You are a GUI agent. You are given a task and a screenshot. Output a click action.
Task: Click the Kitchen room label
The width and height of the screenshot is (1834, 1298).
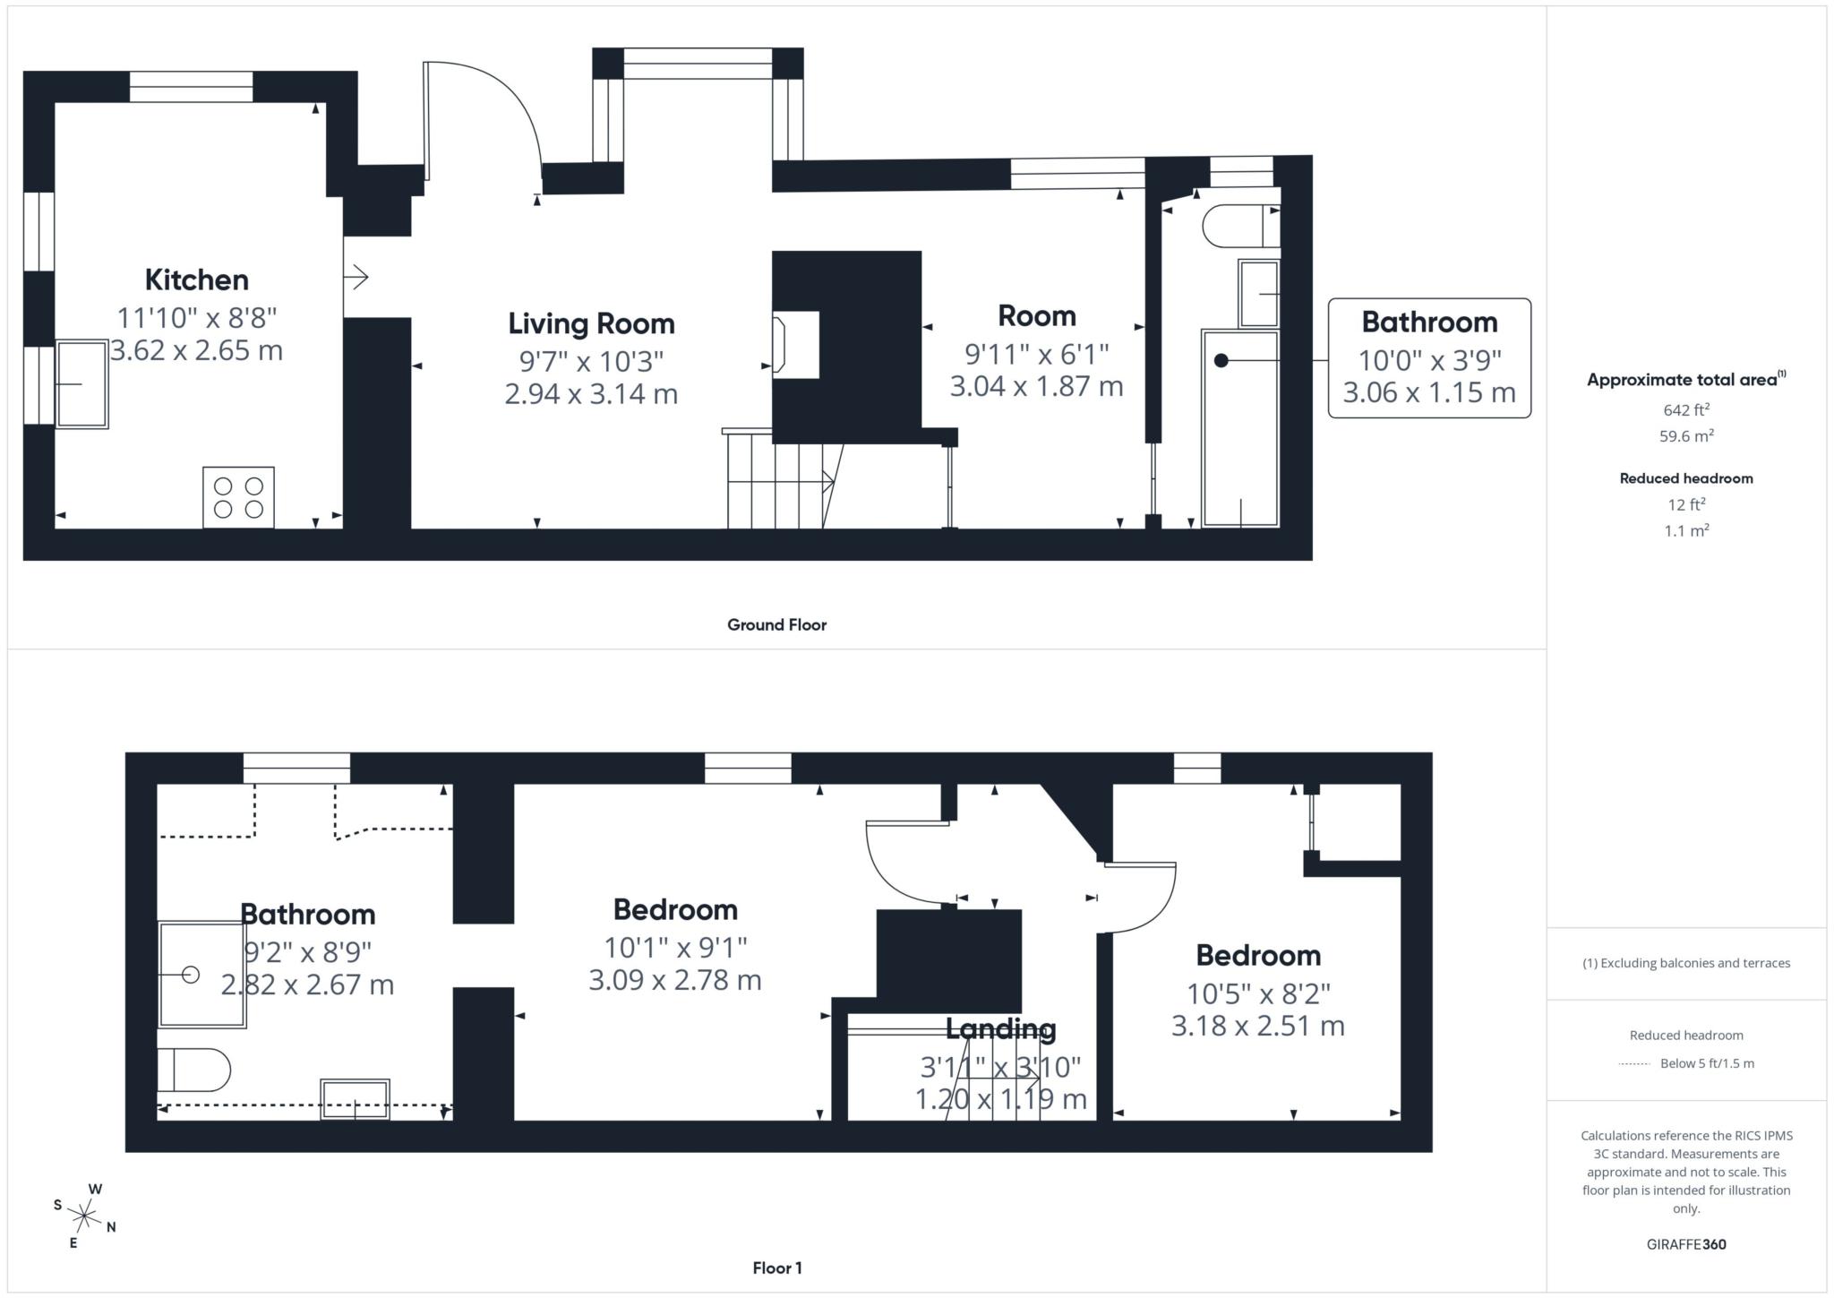pyautogui.click(x=196, y=279)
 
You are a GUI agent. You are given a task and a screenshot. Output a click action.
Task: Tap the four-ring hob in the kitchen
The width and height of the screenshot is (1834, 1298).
pyautogui.click(x=238, y=497)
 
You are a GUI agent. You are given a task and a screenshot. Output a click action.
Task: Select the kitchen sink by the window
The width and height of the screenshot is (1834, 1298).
pyautogui.click(x=82, y=384)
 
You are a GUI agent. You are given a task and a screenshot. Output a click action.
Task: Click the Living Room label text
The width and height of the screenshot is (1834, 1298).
pyautogui.click(x=591, y=323)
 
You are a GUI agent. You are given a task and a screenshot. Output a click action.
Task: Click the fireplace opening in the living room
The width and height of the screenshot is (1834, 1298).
pyautogui.click(x=795, y=344)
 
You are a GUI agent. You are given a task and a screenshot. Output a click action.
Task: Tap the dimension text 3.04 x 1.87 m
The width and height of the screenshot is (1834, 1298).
pyautogui.click(x=1036, y=386)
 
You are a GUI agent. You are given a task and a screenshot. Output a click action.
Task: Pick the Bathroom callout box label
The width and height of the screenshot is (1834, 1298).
pyautogui.click(x=1429, y=322)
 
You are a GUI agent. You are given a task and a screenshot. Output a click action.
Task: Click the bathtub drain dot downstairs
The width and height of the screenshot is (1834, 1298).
pyautogui.click(x=1221, y=361)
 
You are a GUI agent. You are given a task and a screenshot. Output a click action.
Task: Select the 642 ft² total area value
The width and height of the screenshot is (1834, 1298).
pyautogui.click(x=1685, y=410)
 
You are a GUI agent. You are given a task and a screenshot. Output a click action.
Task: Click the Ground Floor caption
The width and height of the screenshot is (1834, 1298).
pyautogui.click(x=776, y=624)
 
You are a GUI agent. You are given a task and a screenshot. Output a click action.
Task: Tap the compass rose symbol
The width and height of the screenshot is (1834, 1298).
pyautogui.click(x=84, y=1216)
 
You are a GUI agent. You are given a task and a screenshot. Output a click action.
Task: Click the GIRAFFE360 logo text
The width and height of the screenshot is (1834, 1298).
pyautogui.click(x=1685, y=1244)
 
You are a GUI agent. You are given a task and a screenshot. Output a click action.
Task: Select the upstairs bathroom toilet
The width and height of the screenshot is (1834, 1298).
pyautogui.click(x=193, y=1070)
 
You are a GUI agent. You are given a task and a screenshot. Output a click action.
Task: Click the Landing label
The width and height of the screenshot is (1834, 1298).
pyautogui.click(x=1000, y=1029)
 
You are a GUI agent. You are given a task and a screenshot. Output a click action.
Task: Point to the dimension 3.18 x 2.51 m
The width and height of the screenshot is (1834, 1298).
pyautogui.click(x=1257, y=1025)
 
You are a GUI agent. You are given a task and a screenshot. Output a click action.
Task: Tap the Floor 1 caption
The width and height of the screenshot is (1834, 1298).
pyautogui.click(x=776, y=1268)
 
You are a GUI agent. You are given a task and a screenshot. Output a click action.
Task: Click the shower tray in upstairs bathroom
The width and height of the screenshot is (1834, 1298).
pyautogui.click(x=202, y=975)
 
